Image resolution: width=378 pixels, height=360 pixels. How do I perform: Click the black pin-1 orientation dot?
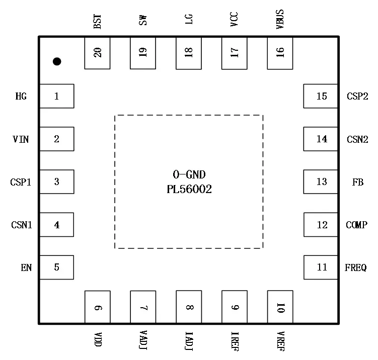coord(57,61)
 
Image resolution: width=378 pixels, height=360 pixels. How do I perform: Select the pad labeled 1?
coord(57,96)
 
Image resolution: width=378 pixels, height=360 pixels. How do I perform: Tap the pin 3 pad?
coord(57,182)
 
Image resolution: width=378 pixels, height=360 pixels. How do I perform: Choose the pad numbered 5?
coord(57,267)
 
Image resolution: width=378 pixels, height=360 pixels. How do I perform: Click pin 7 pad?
coord(143,307)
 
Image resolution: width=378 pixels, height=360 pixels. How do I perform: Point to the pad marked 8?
coord(189,307)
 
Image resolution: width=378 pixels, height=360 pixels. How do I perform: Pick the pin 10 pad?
coord(280,307)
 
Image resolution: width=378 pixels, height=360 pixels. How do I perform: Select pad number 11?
coord(321,267)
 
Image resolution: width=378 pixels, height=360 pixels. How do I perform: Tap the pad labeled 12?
coord(321,224)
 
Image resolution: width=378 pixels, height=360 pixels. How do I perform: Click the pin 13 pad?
coord(321,182)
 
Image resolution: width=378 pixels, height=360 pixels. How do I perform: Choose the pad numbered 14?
coord(321,139)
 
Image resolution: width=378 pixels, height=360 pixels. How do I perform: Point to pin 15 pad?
coord(321,96)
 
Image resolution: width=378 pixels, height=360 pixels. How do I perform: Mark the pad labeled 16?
coord(280,53)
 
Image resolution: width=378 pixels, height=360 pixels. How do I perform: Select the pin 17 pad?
coord(235,53)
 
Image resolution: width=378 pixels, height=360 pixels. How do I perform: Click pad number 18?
coord(189,53)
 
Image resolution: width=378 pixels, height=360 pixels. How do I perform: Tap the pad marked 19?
coord(143,53)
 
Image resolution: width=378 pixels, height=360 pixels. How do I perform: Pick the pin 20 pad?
coord(97,53)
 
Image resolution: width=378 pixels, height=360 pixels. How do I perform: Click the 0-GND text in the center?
coord(189,175)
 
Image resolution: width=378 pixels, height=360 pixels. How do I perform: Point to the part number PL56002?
coord(189,190)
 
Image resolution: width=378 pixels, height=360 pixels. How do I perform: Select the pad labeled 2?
coord(57,139)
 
